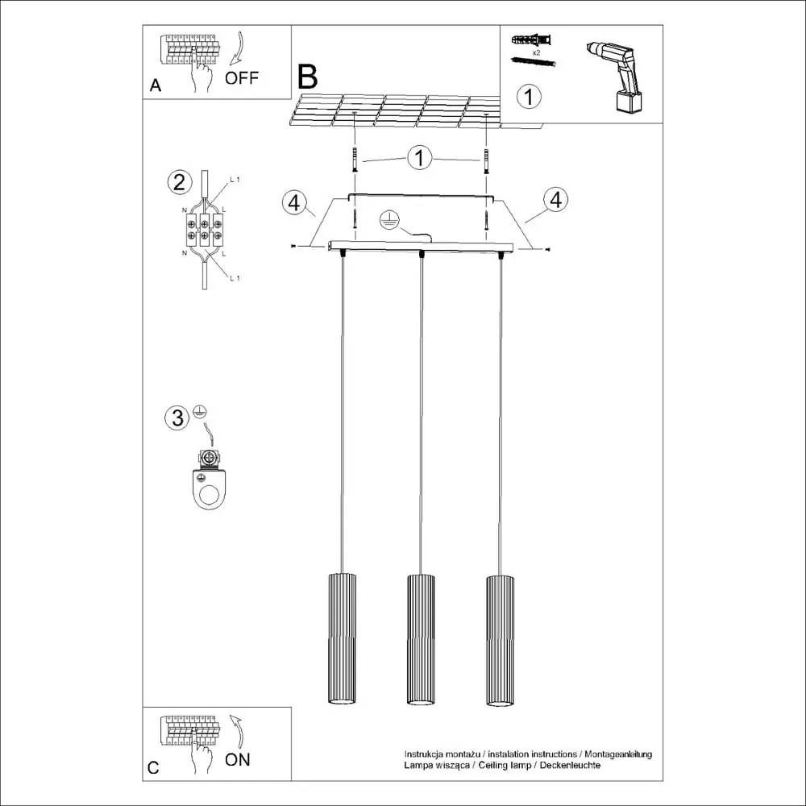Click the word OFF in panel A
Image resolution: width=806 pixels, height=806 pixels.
(x=242, y=78)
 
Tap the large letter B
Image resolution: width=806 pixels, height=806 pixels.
(x=307, y=77)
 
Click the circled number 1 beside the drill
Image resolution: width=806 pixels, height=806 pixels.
(x=528, y=98)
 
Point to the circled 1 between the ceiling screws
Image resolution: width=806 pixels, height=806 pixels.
(x=419, y=157)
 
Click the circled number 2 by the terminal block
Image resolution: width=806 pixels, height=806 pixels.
(x=179, y=182)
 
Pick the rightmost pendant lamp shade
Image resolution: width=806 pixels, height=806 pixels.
(x=499, y=639)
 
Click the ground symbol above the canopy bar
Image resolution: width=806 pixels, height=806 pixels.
(x=389, y=219)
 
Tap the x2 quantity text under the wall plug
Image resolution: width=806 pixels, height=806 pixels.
(x=536, y=51)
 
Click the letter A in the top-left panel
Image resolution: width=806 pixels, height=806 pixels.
(x=156, y=86)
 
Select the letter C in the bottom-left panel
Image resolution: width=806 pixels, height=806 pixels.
(x=154, y=767)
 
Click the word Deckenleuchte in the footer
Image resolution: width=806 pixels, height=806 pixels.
(x=571, y=764)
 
